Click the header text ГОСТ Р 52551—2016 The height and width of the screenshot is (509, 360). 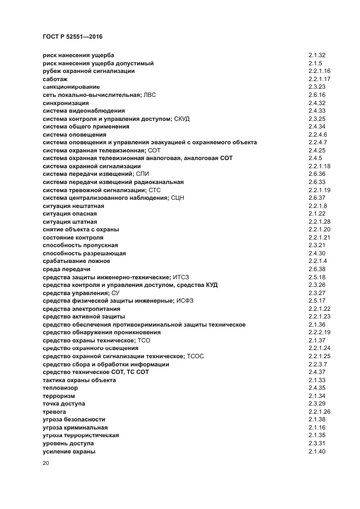(x=72, y=36)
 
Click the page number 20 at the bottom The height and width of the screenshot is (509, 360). (x=46, y=463)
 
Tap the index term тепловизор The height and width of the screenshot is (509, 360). (x=60, y=388)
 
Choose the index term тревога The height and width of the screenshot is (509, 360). (x=54, y=412)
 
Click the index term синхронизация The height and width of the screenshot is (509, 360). (x=66, y=103)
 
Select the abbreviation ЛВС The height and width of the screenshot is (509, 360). (x=150, y=95)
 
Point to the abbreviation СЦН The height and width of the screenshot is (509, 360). (x=178, y=198)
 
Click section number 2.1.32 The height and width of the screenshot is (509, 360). (x=316, y=56)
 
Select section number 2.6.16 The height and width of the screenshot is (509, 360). (x=316, y=95)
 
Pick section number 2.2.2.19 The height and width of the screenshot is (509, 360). (x=320, y=332)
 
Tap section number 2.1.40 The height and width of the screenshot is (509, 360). (x=316, y=451)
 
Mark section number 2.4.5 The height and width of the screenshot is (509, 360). (x=315, y=158)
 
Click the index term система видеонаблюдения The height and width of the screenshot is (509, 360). (x=76, y=111)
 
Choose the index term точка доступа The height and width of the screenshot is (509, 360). (x=64, y=403)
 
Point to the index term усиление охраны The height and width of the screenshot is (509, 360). (x=69, y=451)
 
